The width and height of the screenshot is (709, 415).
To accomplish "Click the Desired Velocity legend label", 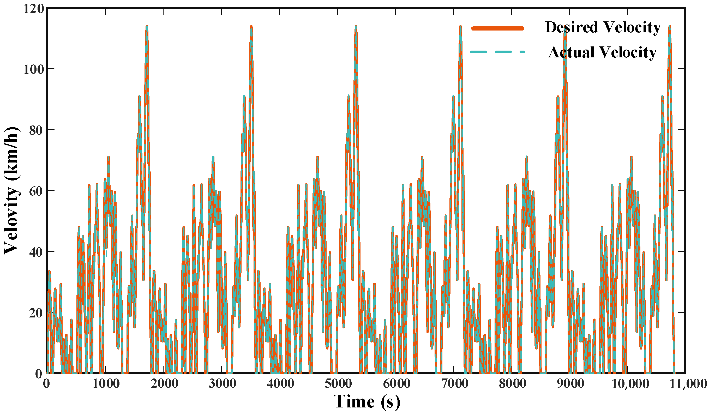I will tap(603, 28).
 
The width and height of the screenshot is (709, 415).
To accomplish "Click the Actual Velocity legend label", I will tap(602, 53).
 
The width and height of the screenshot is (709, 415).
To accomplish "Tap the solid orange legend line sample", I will tap(498, 28).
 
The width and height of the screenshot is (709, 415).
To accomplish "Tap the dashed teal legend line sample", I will tap(498, 52).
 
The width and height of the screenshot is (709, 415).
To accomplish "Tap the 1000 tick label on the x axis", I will tap(106, 384).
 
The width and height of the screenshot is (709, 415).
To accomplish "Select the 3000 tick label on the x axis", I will tap(222, 384).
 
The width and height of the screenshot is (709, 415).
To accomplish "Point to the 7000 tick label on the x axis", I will tap(455, 384).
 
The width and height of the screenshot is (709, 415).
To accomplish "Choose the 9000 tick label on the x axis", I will tap(570, 384).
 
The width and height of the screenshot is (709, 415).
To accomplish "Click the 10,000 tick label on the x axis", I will tap(630, 384).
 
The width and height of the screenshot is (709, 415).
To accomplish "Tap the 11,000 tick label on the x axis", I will tap(688, 384).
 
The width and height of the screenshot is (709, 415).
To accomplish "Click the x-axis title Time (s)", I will tap(366, 402).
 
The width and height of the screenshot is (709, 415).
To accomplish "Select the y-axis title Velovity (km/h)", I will tap(12, 190).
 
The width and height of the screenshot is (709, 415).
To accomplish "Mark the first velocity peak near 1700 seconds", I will tap(147, 26).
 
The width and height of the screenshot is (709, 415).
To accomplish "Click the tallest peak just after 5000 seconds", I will tap(356, 26).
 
